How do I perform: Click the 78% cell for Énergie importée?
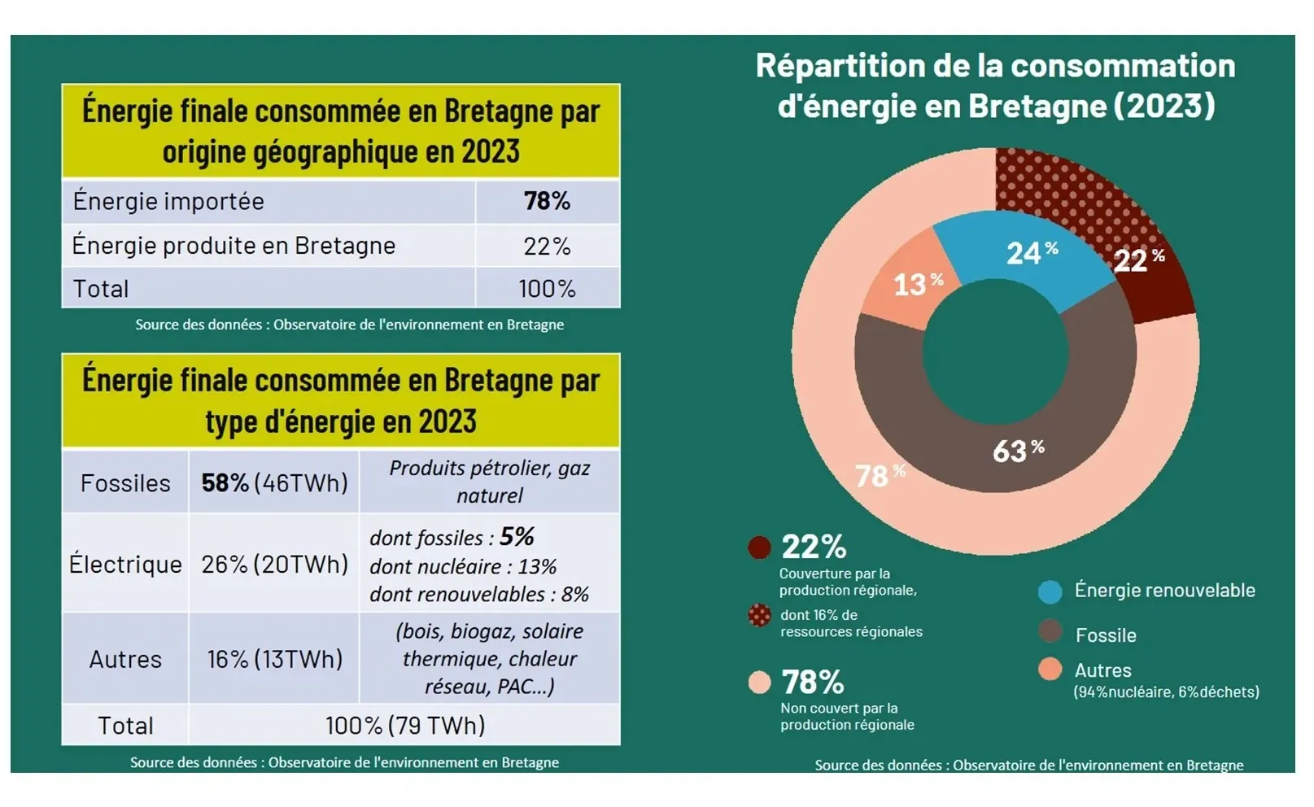(x=547, y=201)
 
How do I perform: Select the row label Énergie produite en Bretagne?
(x=234, y=246)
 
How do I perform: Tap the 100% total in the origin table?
(x=547, y=289)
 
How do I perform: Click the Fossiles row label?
(x=125, y=483)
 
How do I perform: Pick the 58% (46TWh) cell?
(x=274, y=483)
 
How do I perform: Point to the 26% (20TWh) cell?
(x=274, y=564)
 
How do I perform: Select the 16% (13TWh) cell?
(x=274, y=659)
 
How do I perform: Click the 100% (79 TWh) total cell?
(x=404, y=725)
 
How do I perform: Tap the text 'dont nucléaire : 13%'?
(x=463, y=566)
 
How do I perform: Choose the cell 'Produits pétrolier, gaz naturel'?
(x=489, y=482)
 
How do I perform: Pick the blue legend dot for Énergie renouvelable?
(x=1050, y=592)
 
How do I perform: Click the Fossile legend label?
(x=1106, y=635)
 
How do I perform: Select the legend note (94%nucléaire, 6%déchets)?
(x=1166, y=692)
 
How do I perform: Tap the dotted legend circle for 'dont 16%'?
(x=759, y=615)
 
